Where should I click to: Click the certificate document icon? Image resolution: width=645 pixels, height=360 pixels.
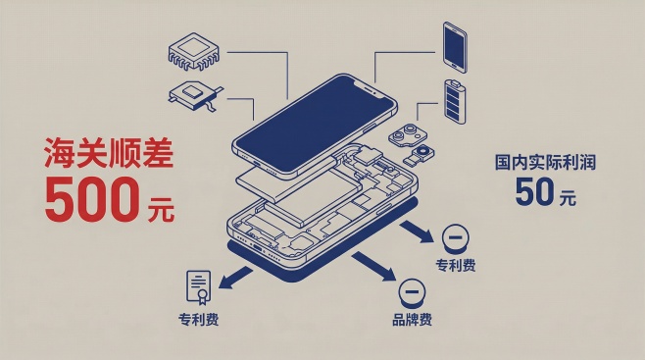click(198, 287)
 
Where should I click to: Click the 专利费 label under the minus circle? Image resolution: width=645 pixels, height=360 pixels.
click(455, 266)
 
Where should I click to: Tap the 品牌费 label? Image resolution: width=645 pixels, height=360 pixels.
click(412, 320)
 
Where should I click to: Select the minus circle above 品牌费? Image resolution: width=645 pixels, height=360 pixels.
click(412, 291)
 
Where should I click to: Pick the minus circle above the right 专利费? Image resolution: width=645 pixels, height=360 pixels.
click(455, 237)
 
